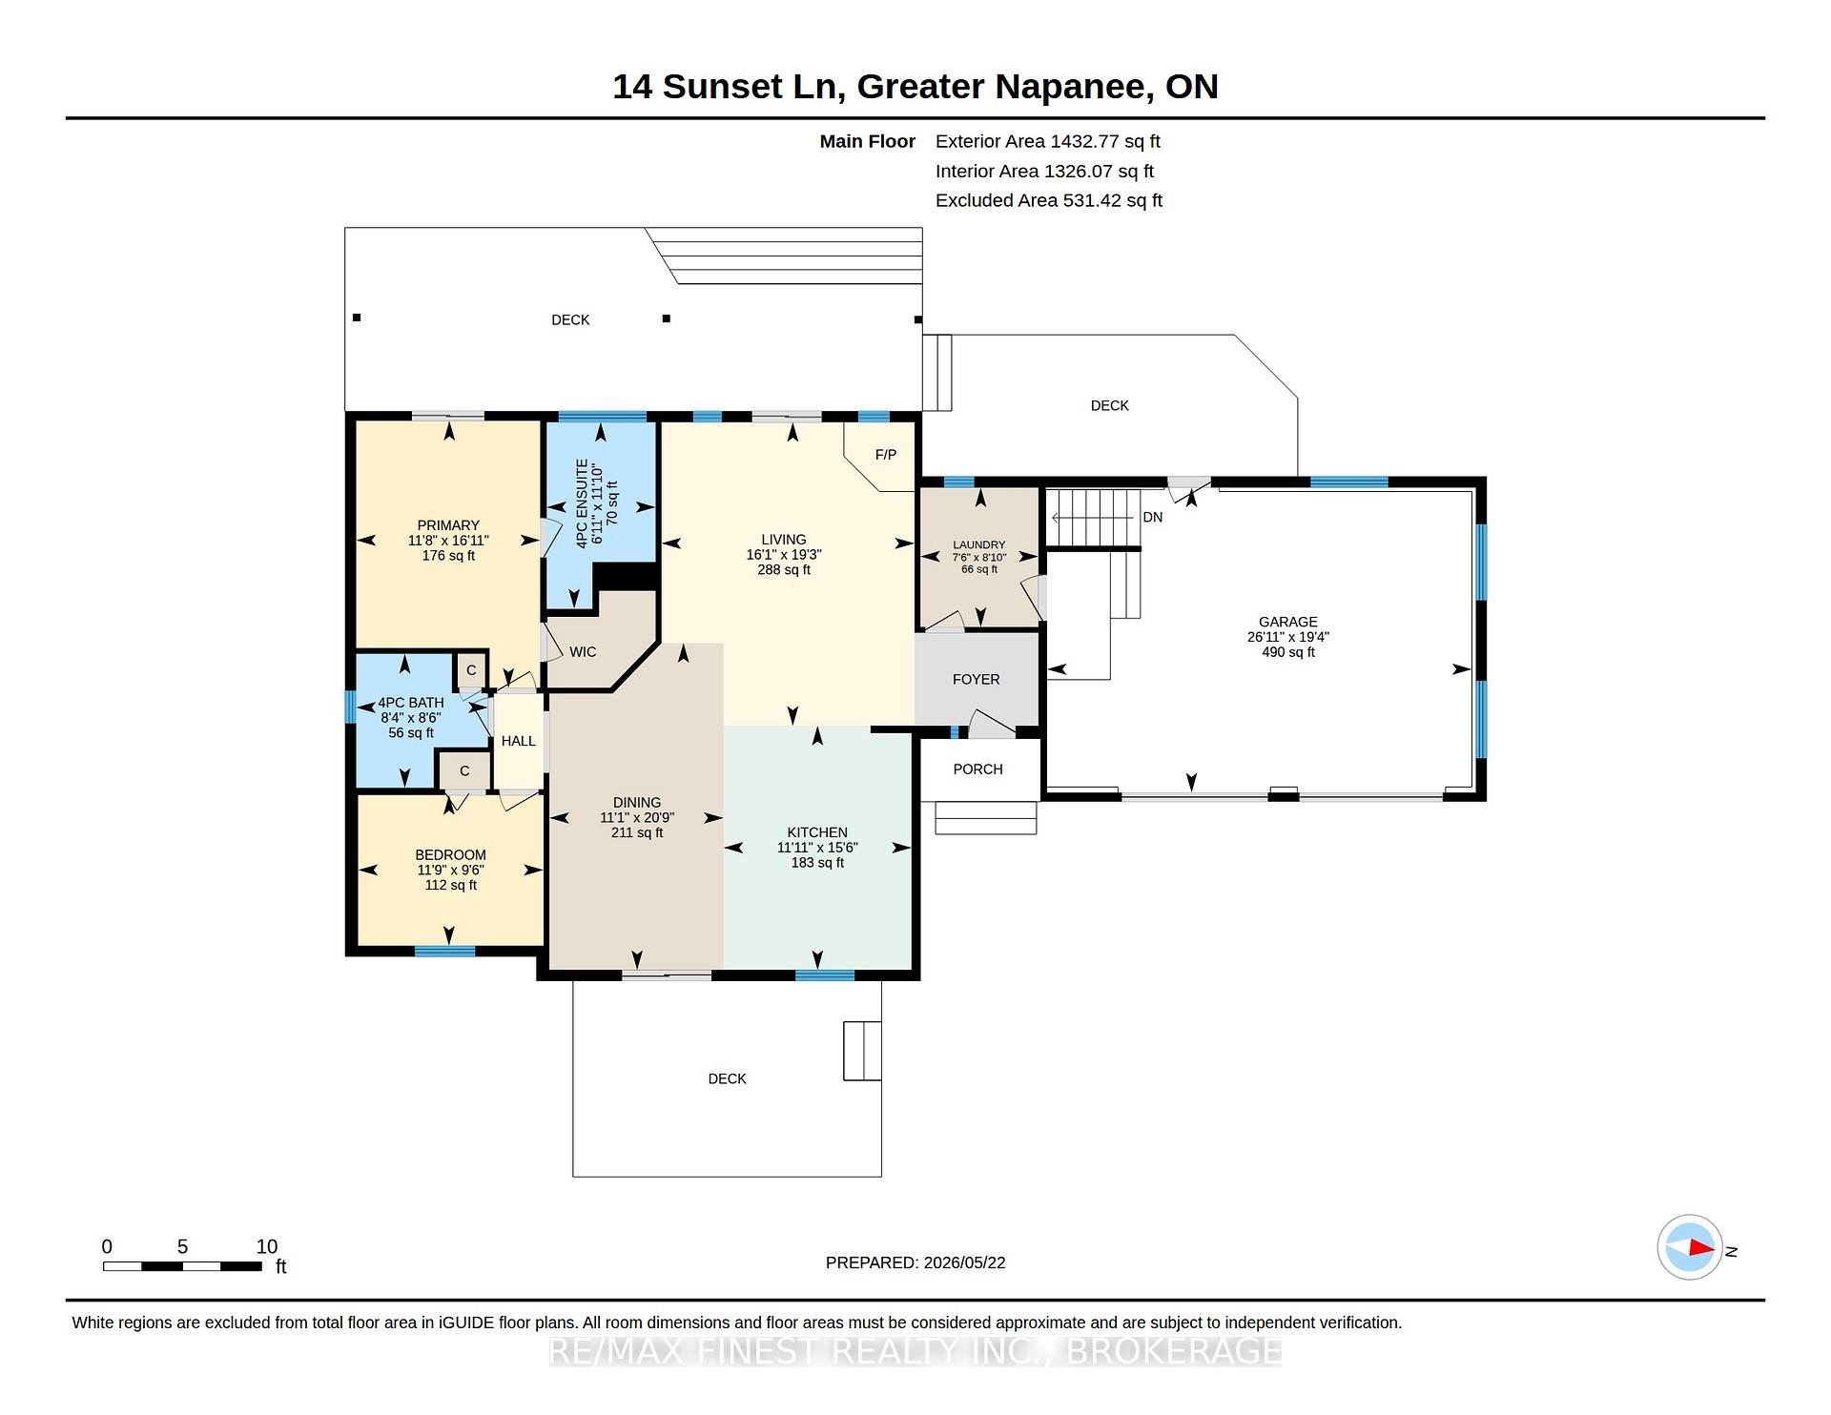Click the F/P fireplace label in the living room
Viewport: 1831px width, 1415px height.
pyautogui.click(x=886, y=455)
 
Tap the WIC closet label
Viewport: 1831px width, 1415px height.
pyautogui.click(x=583, y=652)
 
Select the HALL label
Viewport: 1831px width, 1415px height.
pyautogui.click(x=519, y=741)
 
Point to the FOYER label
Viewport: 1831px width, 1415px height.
pyautogui.click(x=977, y=680)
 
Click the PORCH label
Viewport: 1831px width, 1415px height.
pyautogui.click(x=978, y=769)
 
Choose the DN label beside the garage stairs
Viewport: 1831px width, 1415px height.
pyautogui.click(x=1153, y=517)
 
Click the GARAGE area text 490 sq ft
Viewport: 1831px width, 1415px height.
pyautogui.click(x=1288, y=652)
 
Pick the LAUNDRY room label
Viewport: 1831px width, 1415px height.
pyautogui.click(x=979, y=545)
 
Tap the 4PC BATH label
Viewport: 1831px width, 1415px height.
pyautogui.click(x=411, y=703)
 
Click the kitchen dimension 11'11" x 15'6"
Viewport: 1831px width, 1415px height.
pyautogui.click(x=817, y=848)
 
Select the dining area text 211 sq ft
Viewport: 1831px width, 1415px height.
pyautogui.click(x=637, y=832)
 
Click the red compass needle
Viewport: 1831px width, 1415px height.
pyautogui.click(x=1702, y=1247)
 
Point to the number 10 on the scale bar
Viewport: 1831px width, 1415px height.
pyautogui.click(x=267, y=1246)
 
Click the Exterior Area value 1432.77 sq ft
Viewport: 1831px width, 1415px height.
pyautogui.click(x=1105, y=141)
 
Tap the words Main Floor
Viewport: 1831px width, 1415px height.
pyautogui.click(x=868, y=141)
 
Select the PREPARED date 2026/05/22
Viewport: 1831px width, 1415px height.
pyautogui.click(x=964, y=1262)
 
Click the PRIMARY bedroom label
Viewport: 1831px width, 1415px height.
pyautogui.click(x=448, y=525)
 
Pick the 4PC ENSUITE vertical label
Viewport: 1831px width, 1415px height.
pyautogui.click(x=582, y=502)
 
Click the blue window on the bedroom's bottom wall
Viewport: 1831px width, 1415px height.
pyautogui.click(x=444, y=951)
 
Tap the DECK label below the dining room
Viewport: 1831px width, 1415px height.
pyautogui.click(x=727, y=1078)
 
